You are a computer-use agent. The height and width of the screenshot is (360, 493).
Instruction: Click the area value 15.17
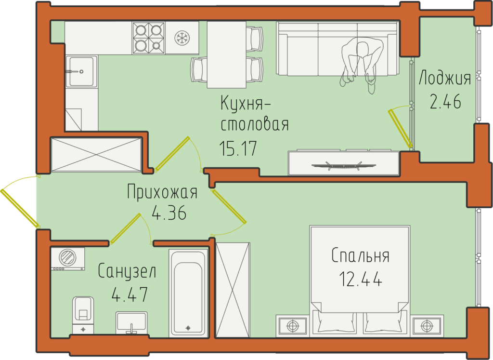[238, 148]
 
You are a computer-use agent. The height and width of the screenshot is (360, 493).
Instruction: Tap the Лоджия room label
[445, 79]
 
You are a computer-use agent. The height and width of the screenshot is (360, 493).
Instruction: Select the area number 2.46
[445, 101]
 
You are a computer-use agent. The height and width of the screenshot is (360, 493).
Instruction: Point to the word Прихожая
[162, 192]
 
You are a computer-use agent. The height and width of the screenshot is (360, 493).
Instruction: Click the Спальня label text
[360, 255]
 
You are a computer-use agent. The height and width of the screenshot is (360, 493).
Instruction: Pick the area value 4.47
[130, 295]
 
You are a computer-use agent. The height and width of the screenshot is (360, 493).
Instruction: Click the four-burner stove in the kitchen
[148, 38]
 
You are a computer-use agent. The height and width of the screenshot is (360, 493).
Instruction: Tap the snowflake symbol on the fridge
[182, 38]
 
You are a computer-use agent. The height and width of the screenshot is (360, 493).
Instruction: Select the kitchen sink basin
[81, 72]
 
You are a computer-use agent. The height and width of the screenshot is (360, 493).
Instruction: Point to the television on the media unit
[343, 165]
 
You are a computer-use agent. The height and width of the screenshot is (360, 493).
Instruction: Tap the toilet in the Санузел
[83, 315]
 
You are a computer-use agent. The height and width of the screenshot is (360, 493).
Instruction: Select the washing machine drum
[67, 257]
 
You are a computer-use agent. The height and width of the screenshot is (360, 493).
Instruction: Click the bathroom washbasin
[131, 322]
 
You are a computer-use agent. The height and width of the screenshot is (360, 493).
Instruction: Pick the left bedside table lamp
[293, 326]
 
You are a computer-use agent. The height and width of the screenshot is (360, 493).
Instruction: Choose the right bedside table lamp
[427, 326]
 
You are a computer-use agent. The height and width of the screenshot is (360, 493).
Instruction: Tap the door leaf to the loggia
[400, 128]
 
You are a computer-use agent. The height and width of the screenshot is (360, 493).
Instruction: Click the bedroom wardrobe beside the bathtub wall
[233, 290]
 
